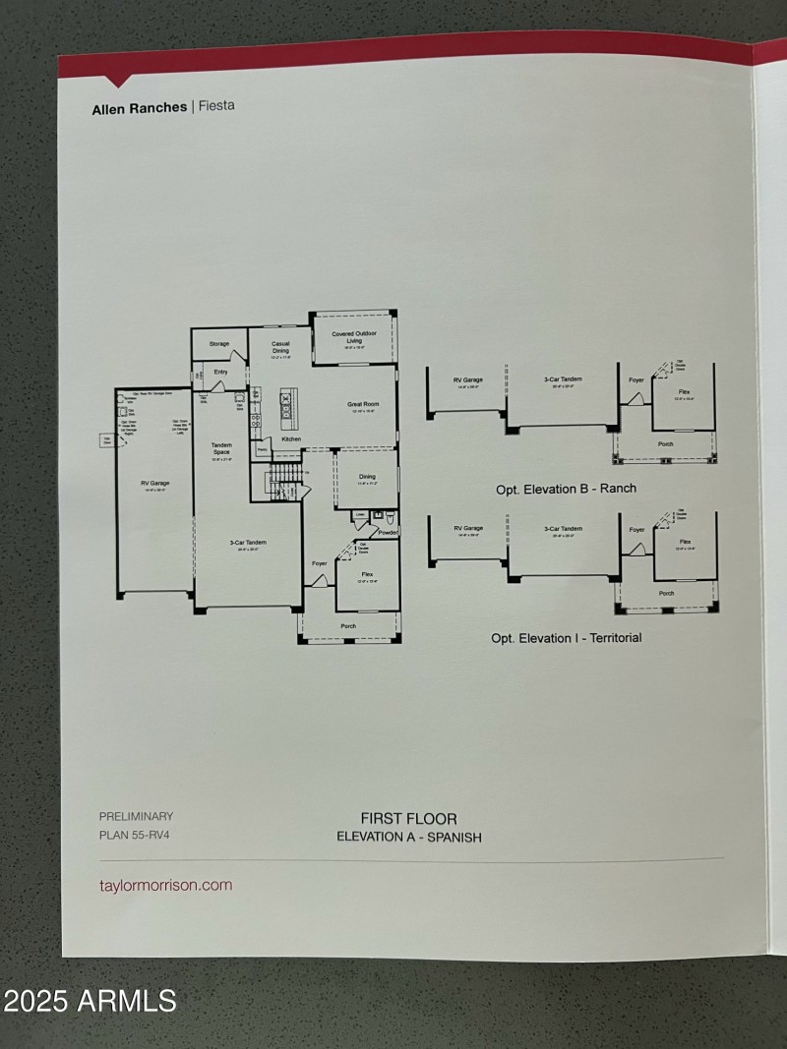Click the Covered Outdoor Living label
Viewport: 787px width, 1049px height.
[354, 337]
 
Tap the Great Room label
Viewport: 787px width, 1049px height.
[363, 403]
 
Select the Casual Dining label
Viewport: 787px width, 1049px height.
[280, 347]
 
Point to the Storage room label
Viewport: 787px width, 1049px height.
[218, 344]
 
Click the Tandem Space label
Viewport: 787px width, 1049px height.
[221, 448]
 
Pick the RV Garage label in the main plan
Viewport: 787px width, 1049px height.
[154, 483]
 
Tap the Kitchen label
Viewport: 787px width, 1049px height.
[291, 438]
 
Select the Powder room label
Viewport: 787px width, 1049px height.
[388, 532]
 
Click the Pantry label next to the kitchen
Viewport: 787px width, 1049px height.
[263, 450]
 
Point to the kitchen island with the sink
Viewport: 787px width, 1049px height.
[288, 402]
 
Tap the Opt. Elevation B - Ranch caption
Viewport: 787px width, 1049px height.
[566, 488]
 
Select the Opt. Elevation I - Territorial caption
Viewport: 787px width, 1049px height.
[566, 638]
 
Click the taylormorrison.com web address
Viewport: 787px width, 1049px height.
[166, 885]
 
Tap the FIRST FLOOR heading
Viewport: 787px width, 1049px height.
[408, 818]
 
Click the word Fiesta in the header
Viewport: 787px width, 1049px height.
[216, 106]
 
